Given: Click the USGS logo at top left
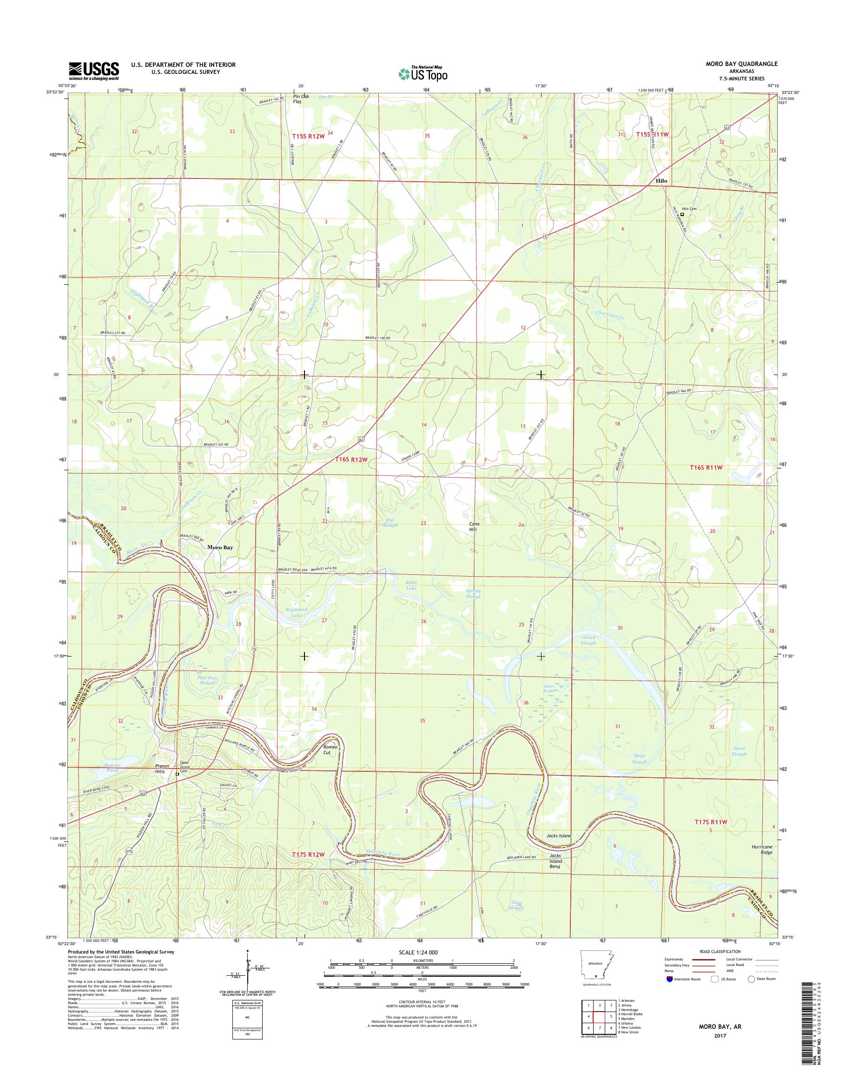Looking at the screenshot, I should point(93,70).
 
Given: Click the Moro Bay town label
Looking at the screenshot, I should point(220,548).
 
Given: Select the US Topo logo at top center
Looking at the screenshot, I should point(423,73).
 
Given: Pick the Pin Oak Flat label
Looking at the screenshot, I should point(301,99).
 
